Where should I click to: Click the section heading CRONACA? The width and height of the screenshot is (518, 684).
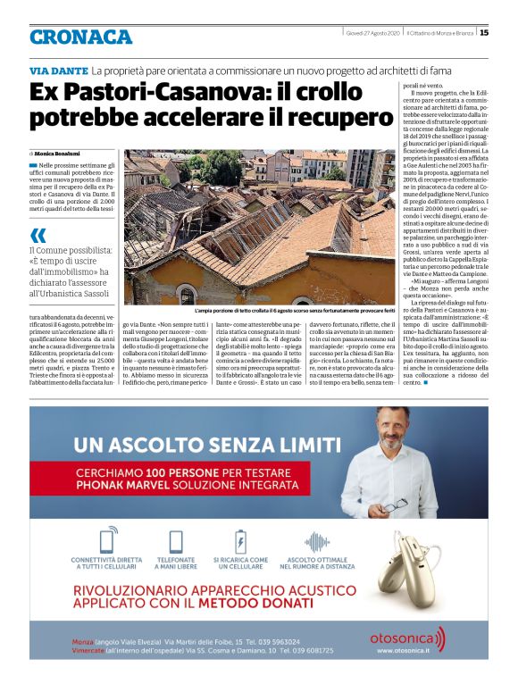[80, 38]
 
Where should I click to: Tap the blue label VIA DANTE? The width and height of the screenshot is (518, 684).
[58, 71]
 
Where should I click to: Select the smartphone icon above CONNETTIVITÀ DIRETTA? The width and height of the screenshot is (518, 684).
[108, 516]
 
